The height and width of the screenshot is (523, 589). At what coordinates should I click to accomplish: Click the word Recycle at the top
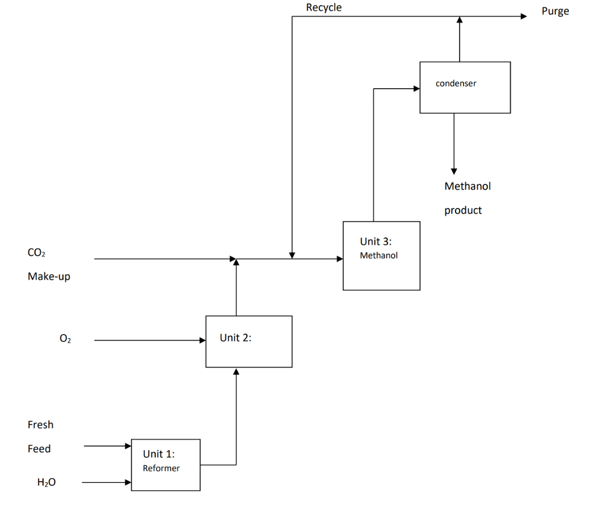(x=323, y=7)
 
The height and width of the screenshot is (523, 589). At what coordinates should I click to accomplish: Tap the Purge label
(x=554, y=11)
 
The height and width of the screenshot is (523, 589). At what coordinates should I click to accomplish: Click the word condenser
(x=456, y=84)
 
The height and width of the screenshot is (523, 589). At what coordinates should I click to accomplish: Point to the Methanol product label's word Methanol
(x=467, y=186)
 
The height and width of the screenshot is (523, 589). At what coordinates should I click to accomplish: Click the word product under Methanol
(x=462, y=210)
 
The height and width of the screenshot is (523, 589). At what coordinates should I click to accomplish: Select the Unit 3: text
(x=376, y=241)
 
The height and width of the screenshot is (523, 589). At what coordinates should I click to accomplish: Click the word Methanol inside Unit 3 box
(x=378, y=255)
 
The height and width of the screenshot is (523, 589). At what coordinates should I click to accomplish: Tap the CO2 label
(x=36, y=253)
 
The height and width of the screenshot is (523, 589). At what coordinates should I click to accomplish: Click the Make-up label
(x=48, y=276)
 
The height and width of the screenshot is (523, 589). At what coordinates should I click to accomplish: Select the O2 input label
(x=65, y=339)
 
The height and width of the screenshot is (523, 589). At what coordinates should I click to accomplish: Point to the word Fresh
(x=40, y=425)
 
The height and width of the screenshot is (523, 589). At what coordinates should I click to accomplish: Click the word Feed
(x=39, y=449)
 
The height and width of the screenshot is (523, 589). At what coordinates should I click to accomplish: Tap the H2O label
(x=47, y=483)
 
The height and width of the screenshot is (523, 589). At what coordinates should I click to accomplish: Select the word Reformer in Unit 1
(x=161, y=468)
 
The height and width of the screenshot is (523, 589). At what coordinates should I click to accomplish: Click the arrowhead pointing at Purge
(x=523, y=17)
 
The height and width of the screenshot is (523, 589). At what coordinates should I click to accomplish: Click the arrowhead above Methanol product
(x=454, y=170)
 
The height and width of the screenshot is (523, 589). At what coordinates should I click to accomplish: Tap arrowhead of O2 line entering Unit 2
(x=202, y=340)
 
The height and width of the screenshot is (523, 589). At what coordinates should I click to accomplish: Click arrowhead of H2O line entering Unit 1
(x=128, y=482)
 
